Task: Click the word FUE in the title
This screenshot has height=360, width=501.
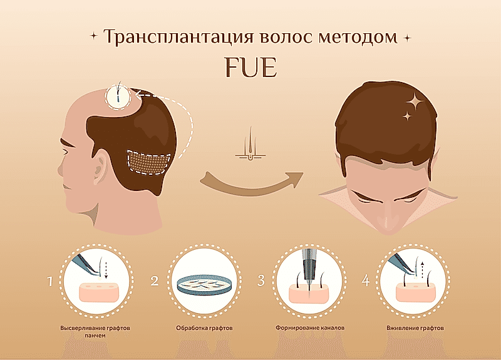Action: [x=250, y=68]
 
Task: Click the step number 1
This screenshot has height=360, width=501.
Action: [x=50, y=281]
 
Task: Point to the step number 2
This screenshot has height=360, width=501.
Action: [x=155, y=280]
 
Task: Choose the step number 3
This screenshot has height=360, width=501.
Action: [x=261, y=280]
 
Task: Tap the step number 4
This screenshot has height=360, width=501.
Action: [x=366, y=280]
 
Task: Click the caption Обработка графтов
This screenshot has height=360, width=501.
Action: [x=205, y=328]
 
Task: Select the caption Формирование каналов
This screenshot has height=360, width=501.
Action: [x=310, y=327]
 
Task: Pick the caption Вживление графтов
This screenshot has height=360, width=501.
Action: [x=415, y=328]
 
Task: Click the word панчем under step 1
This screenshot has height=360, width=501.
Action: [x=95, y=336]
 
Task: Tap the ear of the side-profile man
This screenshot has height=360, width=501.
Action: [x=101, y=165]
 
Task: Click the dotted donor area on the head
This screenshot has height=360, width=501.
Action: [x=148, y=162]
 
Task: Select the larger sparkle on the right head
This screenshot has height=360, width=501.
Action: [x=415, y=101]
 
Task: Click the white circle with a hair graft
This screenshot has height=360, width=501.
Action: [x=118, y=96]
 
